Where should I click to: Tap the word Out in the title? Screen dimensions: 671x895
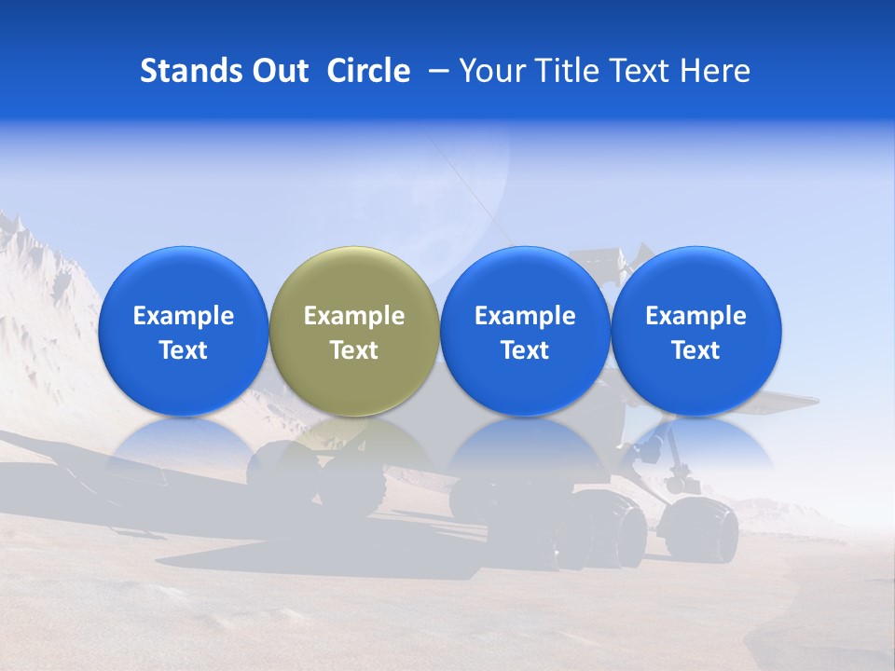pos(277,71)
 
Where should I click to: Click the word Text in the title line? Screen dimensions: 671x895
pos(643,71)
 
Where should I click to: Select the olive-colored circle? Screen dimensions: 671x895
pos(354,331)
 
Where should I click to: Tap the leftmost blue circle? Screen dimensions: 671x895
pos(183,331)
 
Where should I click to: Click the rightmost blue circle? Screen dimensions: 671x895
pos(696,331)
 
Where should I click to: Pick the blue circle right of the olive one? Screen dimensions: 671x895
pos(525,331)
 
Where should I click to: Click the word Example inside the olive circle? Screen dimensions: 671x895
pos(354,316)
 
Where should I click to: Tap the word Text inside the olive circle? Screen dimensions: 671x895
pos(354,350)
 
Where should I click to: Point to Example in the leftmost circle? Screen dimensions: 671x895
pos(183,316)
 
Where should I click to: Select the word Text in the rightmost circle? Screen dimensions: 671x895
pos(696,350)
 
